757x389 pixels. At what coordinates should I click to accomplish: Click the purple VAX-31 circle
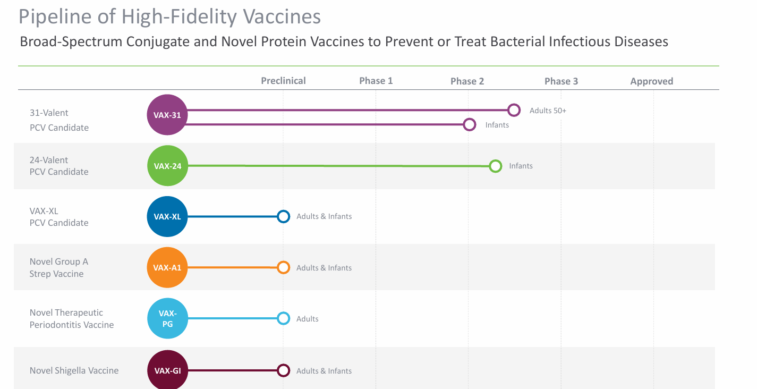click(167, 115)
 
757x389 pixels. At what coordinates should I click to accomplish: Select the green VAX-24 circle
click(167, 166)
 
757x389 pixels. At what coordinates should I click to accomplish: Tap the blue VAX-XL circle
click(167, 216)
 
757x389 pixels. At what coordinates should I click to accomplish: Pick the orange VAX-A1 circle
click(167, 267)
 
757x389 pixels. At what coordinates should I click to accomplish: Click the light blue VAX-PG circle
click(167, 318)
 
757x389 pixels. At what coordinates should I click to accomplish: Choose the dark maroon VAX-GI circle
click(167, 370)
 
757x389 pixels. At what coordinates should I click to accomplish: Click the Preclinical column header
click(283, 81)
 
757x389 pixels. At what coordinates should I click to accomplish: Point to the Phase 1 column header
click(376, 81)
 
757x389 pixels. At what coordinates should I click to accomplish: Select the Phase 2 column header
click(467, 81)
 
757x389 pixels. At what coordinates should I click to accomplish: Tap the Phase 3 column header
click(561, 81)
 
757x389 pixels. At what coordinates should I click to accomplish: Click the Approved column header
click(651, 81)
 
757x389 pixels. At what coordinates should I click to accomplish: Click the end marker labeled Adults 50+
click(514, 110)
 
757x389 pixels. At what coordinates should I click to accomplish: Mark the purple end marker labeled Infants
click(469, 125)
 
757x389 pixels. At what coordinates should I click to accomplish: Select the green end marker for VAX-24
click(495, 166)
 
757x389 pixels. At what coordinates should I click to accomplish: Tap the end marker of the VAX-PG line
click(284, 318)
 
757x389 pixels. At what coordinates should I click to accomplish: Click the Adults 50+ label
click(548, 111)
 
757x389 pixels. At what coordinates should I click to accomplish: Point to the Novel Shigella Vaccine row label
click(74, 370)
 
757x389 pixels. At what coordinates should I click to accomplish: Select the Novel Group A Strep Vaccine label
click(58, 267)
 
